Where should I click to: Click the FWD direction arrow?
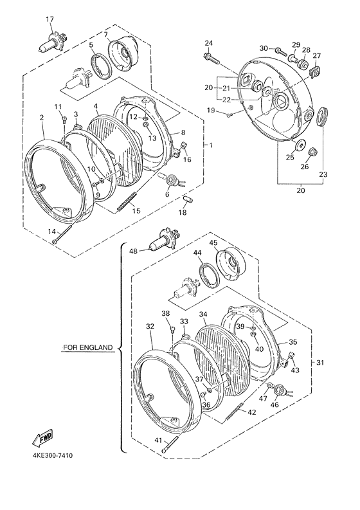(x=42, y=437)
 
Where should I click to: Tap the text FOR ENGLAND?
(x=88, y=347)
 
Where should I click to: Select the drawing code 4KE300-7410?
(x=53, y=455)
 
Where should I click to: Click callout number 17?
(x=50, y=19)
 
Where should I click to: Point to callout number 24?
(x=209, y=43)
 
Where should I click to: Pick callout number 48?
(x=133, y=251)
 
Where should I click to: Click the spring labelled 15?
(x=127, y=202)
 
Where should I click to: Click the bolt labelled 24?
(x=212, y=59)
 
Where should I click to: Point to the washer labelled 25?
(x=299, y=145)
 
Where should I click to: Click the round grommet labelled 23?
(x=323, y=116)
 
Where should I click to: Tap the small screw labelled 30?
(x=281, y=51)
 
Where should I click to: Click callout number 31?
(x=320, y=363)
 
